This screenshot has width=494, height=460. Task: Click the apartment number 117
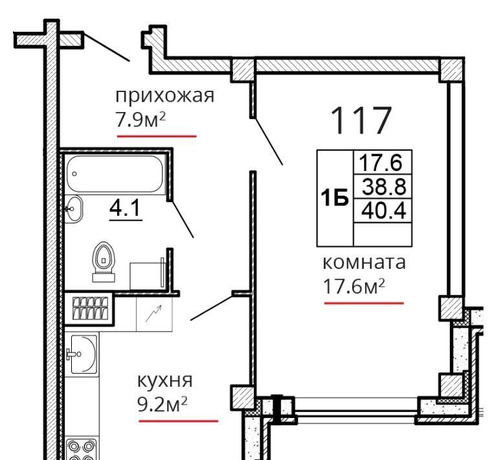(361, 121)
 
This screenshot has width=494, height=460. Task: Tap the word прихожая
(164, 95)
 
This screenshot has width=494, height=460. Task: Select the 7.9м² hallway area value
(140, 119)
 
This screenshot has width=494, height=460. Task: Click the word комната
(365, 263)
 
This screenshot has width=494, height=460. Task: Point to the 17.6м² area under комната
(354, 286)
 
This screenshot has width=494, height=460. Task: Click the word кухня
(164, 381)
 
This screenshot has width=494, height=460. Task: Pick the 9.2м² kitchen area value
(163, 404)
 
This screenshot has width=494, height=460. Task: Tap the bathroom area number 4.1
(125, 209)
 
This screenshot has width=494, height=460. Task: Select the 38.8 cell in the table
(383, 187)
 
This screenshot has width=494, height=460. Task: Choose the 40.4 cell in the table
(383, 211)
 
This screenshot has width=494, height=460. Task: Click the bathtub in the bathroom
(115, 174)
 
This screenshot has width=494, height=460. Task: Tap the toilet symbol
(104, 261)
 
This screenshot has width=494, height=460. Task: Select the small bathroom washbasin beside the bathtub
(74, 209)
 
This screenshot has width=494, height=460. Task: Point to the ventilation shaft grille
(90, 308)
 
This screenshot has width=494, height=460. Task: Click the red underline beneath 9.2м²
(178, 421)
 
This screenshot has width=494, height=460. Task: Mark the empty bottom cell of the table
(383, 235)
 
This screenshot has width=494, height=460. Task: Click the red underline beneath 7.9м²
(157, 136)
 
